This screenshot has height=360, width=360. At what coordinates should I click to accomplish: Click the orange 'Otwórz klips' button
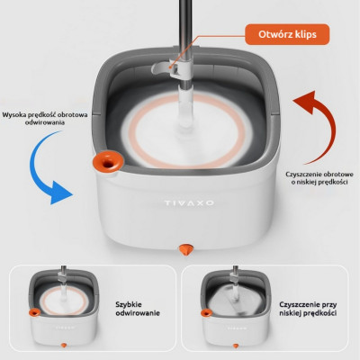point(287,34)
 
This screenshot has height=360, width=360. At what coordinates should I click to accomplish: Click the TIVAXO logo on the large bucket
point(189,203)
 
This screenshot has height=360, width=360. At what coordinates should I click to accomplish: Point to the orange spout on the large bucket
point(108,162)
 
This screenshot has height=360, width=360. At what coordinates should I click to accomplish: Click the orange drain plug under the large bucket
point(186,249)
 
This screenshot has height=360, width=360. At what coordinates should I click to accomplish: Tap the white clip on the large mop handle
point(168,67)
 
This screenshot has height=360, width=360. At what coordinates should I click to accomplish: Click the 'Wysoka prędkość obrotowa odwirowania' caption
point(45,119)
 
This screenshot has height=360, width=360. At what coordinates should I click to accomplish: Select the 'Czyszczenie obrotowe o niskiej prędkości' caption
point(319,178)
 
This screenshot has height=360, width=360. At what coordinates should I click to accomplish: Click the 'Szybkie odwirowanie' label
point(138,309)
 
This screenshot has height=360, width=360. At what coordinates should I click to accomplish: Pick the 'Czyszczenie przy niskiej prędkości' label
point(308,309)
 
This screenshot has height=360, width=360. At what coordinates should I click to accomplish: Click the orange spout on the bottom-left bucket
point(34,312)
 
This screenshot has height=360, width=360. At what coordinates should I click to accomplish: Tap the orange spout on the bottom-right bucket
point(206,313)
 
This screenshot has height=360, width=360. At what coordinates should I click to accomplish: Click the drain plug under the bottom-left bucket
point(64,346)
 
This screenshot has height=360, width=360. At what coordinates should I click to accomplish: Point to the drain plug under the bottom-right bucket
point(236,346)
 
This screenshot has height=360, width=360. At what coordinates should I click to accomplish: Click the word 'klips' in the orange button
point(305,35)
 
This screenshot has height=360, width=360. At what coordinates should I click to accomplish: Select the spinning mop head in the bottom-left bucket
point(64,301)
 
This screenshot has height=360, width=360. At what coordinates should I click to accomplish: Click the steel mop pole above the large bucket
point(185,30)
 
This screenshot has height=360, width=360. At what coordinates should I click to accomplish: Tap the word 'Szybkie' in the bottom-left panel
point(129,305)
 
